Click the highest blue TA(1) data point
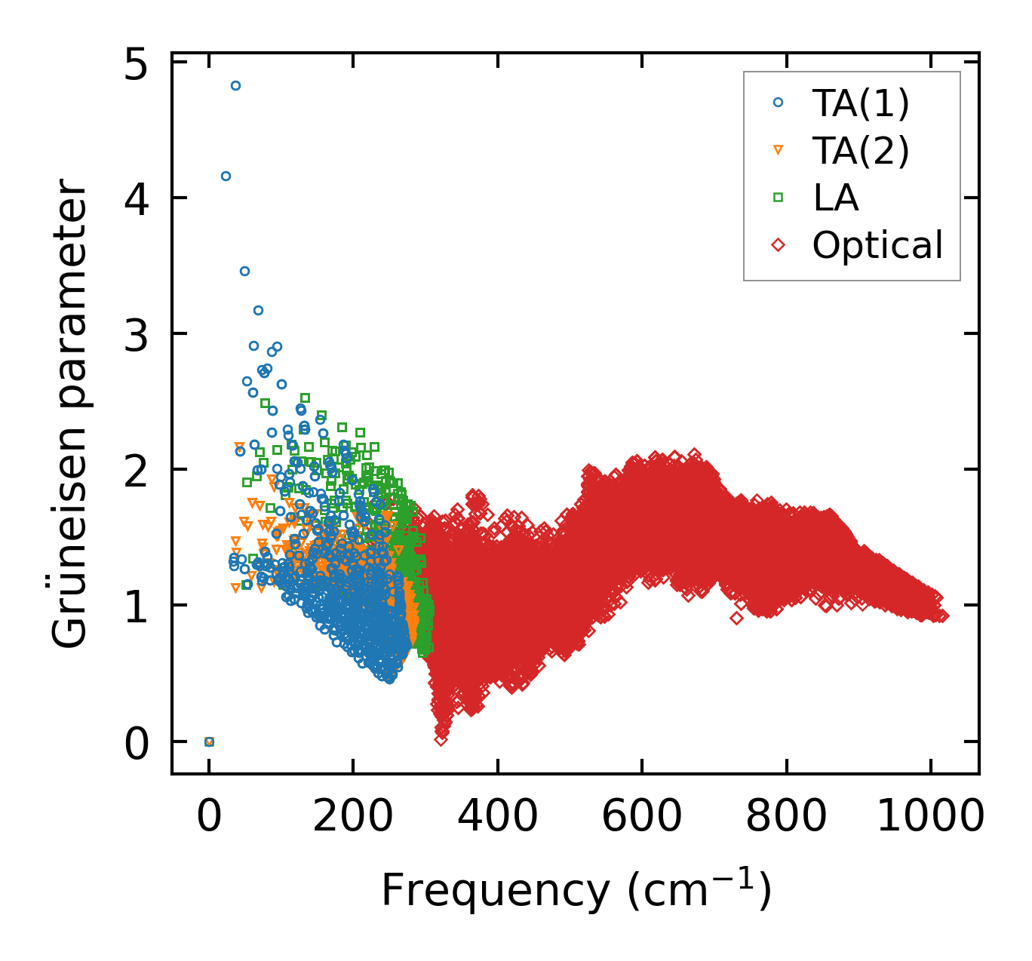(x=235, y=86)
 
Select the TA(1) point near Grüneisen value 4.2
(x=226, y=177)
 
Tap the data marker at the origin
(x=210, y=741)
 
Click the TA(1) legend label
(x=861, y=103)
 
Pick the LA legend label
(x=836, y=198)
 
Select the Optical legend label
(x=877, y=245)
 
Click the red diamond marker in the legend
(x=778, y=245)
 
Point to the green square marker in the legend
(x=778, y=198)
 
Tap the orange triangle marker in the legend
(x=778, y=151)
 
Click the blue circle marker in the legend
(x=778, y=103)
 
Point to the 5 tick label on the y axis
(x=136, y=66)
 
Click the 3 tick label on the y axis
(x=136, y=337)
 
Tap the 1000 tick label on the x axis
(x=930, y=816)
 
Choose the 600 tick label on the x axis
(x=641, y=816)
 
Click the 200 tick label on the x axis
(x=353, y=816)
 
